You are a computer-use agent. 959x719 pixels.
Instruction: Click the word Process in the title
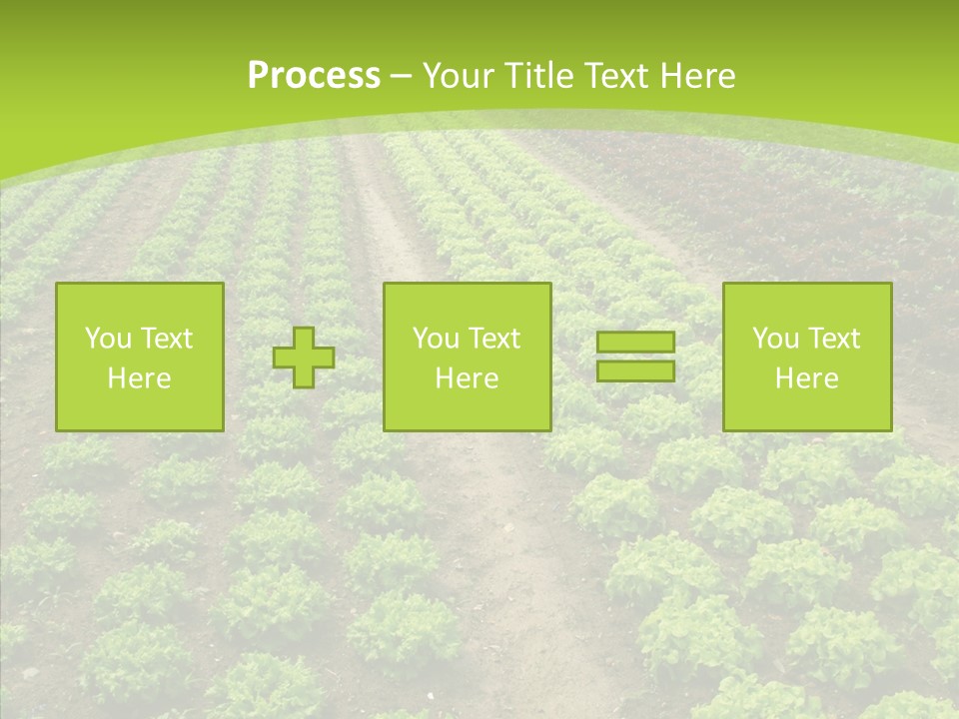coord(314,76)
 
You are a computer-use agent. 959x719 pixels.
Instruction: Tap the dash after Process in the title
coord(402,77)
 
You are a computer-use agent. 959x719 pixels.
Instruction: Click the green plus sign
coord(304,358)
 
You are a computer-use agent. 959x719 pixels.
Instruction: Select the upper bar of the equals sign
coord(635,343)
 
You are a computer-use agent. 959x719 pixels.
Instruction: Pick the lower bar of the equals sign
coord(635,371)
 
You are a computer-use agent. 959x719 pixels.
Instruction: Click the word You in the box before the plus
coord(106,339)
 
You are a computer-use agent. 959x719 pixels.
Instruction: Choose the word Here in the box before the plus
coord(139,378)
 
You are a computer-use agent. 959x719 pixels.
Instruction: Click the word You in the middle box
coord(435,339)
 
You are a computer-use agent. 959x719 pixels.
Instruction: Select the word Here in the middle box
coord(467,378)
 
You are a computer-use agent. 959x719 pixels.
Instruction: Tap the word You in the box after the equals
coord(774,339)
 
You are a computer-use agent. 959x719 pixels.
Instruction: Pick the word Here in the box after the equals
coord(806,378)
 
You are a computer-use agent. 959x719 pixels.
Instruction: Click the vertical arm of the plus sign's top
coord(304,337)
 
